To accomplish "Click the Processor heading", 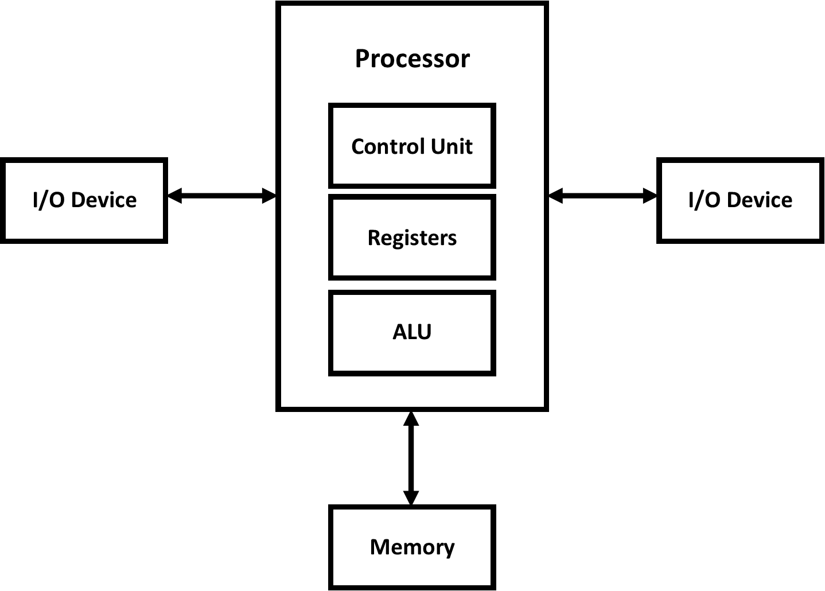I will [412, 59].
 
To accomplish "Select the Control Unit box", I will [412, 146].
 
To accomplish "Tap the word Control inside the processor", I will [381, 146].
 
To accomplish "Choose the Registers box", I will [412, 237].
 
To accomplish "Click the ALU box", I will [412, 333].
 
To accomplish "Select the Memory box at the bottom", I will [412, 547].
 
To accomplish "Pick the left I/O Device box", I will [84, 200].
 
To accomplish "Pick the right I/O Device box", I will [740, 200].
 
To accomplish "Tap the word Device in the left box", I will [104, 200].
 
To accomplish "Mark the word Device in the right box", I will [760, 200].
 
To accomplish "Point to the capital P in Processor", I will [361, 59].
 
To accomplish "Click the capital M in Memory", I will [379, 547].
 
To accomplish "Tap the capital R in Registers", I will [373, 238].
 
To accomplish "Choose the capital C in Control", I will [357, 146].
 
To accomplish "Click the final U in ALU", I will [425, 332].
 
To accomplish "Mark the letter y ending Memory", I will [449, 549].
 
